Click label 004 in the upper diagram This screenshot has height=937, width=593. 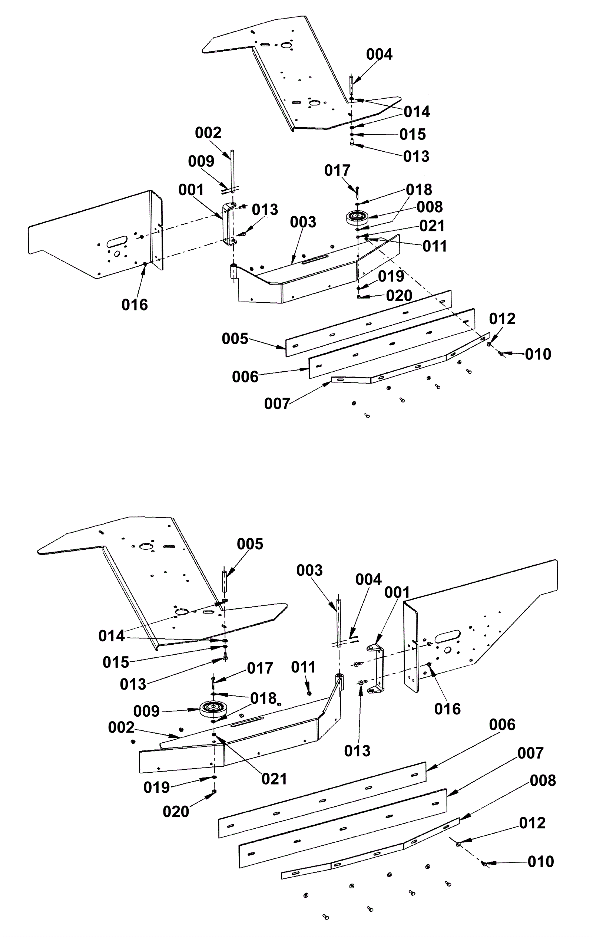point(379,55)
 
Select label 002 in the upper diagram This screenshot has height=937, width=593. point(208,133)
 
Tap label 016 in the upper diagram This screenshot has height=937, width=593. point(135,305)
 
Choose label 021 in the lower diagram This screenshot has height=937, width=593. point(274,779)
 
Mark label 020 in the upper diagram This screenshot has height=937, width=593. point(399,296)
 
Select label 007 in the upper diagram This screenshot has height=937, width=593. point(277,404)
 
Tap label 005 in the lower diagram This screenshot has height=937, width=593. point(250,544)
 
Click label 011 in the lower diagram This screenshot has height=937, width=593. point(303,667)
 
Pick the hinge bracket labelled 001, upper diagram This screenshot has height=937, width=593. point(229,224)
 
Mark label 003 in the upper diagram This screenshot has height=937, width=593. point(303,222)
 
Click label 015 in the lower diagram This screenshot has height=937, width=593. point(116,662)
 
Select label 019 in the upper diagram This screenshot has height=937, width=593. point(391,277)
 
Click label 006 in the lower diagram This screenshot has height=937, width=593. point(502,725)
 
